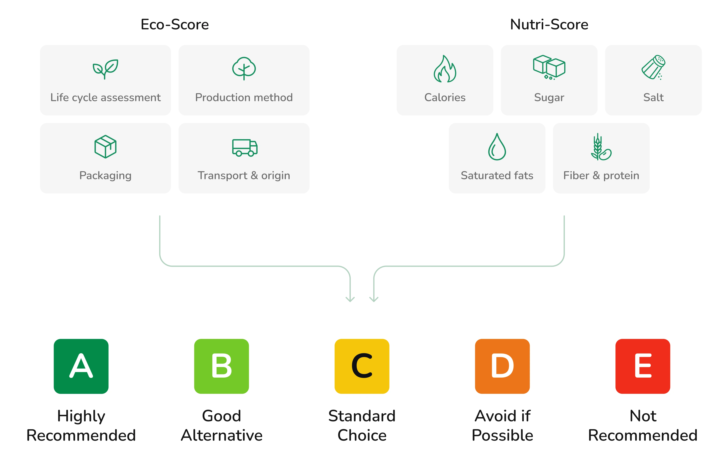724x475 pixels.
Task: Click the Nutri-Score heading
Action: pyautogui.click(x=549, y=24)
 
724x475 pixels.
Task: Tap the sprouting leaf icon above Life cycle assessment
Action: pyautogui.click(x=105, y=69)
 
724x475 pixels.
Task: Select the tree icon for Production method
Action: pyautogui.click(x=244, y=68)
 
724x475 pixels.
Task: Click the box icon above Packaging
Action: pyautogui.click(x=105, y=147)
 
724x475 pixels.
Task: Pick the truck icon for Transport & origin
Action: pyautogui.click(x=245, y=148)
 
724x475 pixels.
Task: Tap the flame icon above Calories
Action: pyautogui.click(x=445, y=69)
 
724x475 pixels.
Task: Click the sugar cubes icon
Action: pyautogui.click(x=549, y=67)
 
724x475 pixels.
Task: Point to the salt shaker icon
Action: pyautogui.click(x=653, y=67)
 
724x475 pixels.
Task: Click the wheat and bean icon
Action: pyautogui.click(x=601, y=147)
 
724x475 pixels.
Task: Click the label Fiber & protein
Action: pyautogui.click(x=601, y=176)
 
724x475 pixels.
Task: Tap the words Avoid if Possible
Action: pyautogui.click(x=502, y=425)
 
